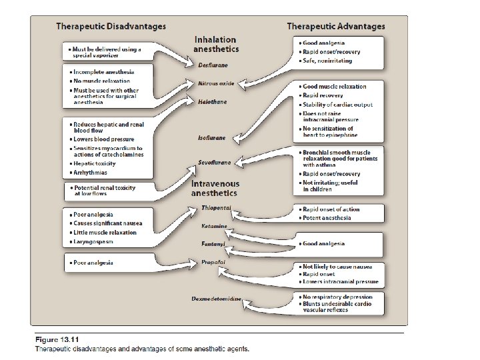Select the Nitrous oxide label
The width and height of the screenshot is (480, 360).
tap(216, 84)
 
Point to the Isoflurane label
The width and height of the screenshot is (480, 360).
tap(211, 138)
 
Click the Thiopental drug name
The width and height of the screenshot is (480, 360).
tap(216, 208)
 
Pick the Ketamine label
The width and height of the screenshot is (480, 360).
tap(215, 226)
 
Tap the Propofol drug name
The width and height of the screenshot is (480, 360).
tap(213, 263)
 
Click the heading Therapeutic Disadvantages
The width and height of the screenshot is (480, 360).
tap(110, 27)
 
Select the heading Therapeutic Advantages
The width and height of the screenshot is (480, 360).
tap(335, 27)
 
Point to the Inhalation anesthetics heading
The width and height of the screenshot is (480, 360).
tap(216, 45)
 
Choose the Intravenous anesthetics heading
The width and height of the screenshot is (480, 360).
tap(215, 188)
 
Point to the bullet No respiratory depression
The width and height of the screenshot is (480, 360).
tap(337, 297)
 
